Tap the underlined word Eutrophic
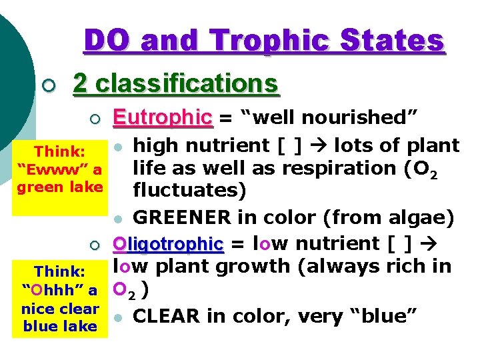tap(162, 117)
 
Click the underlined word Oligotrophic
tap(168, 244)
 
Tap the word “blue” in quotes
tap(386, 315)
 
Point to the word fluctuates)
tap(189, 191)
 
